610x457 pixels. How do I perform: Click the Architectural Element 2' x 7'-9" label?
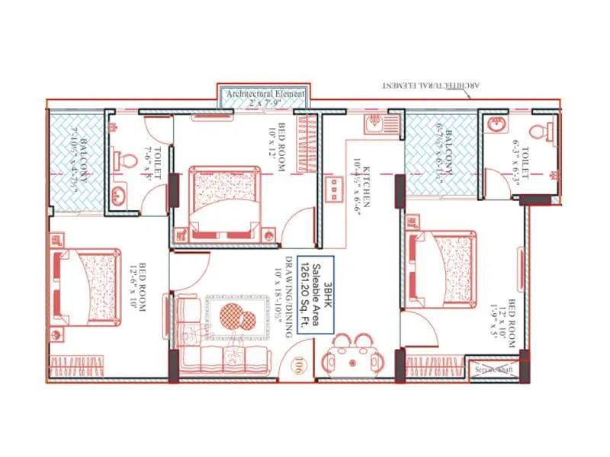(x=264, y=97)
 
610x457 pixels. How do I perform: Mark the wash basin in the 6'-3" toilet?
(x=499, y=124)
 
